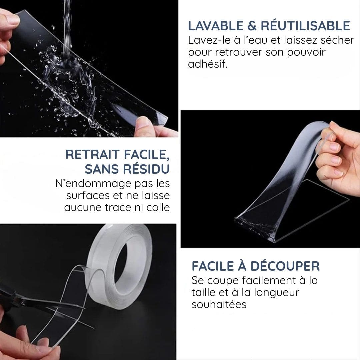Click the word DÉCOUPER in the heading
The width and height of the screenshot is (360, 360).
pos(285,266)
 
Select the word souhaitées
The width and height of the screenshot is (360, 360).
pos(219,304)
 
